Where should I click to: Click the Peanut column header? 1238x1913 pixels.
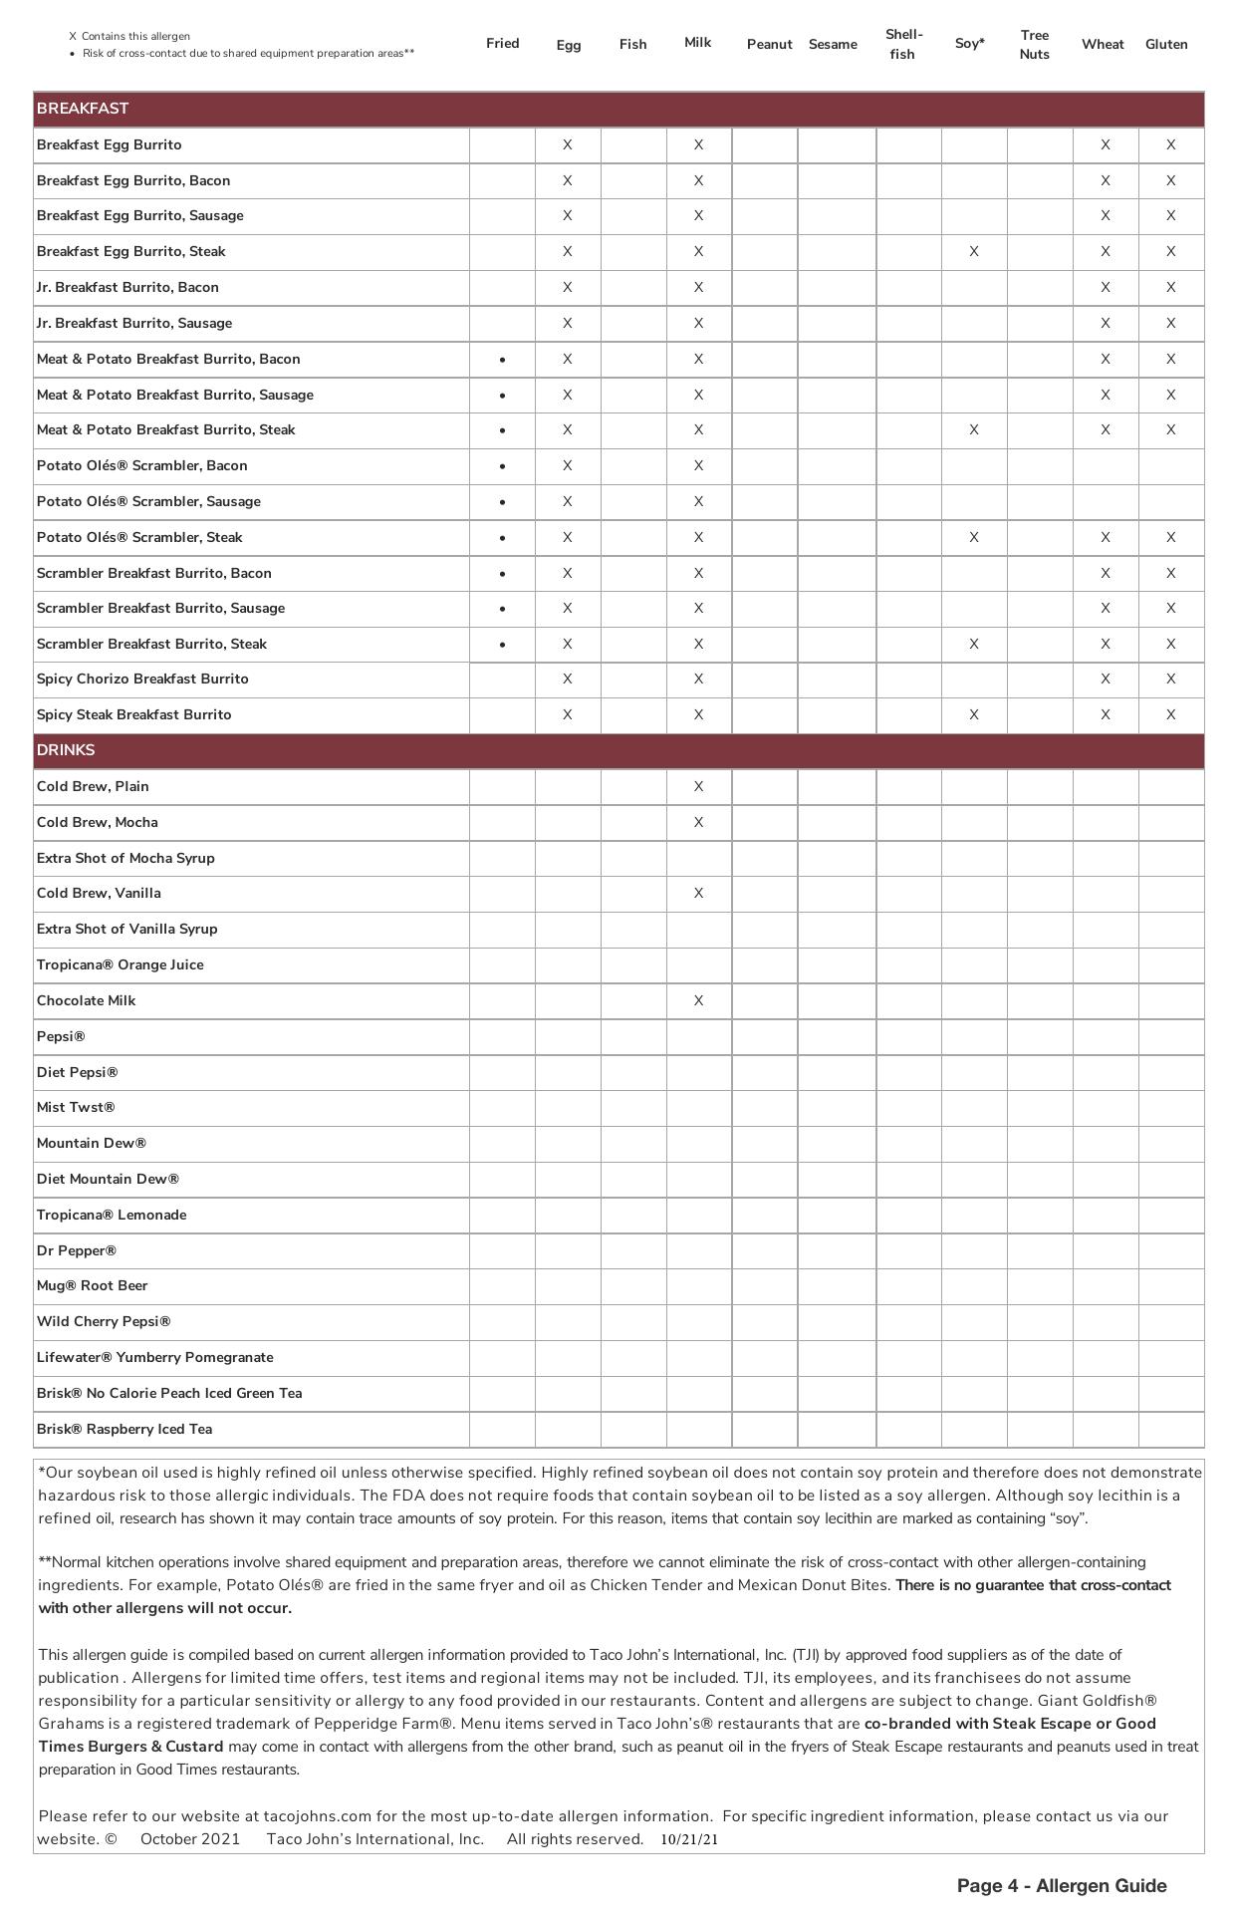click(x=769, y=44)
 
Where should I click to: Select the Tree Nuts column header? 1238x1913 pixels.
click(x=1034, y=44)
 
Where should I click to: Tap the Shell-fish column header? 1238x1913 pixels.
click(x=902, y=44)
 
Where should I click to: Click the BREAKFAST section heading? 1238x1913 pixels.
click(x=83, y=109)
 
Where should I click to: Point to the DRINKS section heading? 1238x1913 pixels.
click(x=66, y=750)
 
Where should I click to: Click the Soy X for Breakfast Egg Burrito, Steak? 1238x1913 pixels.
click(x=973, y=252)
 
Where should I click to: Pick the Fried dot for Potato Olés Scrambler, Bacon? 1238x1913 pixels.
click(x=502, y=466)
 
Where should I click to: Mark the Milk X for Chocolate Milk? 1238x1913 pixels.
click(x=698, y=1000)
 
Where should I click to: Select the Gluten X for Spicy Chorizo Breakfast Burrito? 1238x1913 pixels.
click(x=1170, y=680)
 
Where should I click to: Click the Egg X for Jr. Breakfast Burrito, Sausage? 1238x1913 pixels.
click(x=568, y=323)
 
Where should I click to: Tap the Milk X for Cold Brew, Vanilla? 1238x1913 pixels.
click(x=698, y=894)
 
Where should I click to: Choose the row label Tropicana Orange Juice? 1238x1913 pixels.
click(x=120, y=964)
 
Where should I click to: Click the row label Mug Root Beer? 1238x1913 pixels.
click(x=92, y=1285)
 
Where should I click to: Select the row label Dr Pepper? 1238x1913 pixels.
click(x=77, y=1250)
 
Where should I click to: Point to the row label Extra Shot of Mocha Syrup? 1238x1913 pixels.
click(x=125, y=858)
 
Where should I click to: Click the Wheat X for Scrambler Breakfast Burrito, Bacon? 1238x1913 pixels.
click(x=1105, y=573)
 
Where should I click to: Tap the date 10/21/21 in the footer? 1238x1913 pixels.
click(x=689, y=1839)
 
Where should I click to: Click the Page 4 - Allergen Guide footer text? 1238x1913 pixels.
click(x=1061, y=1885)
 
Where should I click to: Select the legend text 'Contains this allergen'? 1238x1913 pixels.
click(x=135, y=36)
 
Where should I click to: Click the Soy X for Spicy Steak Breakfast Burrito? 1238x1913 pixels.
click(x=973, y=714)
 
